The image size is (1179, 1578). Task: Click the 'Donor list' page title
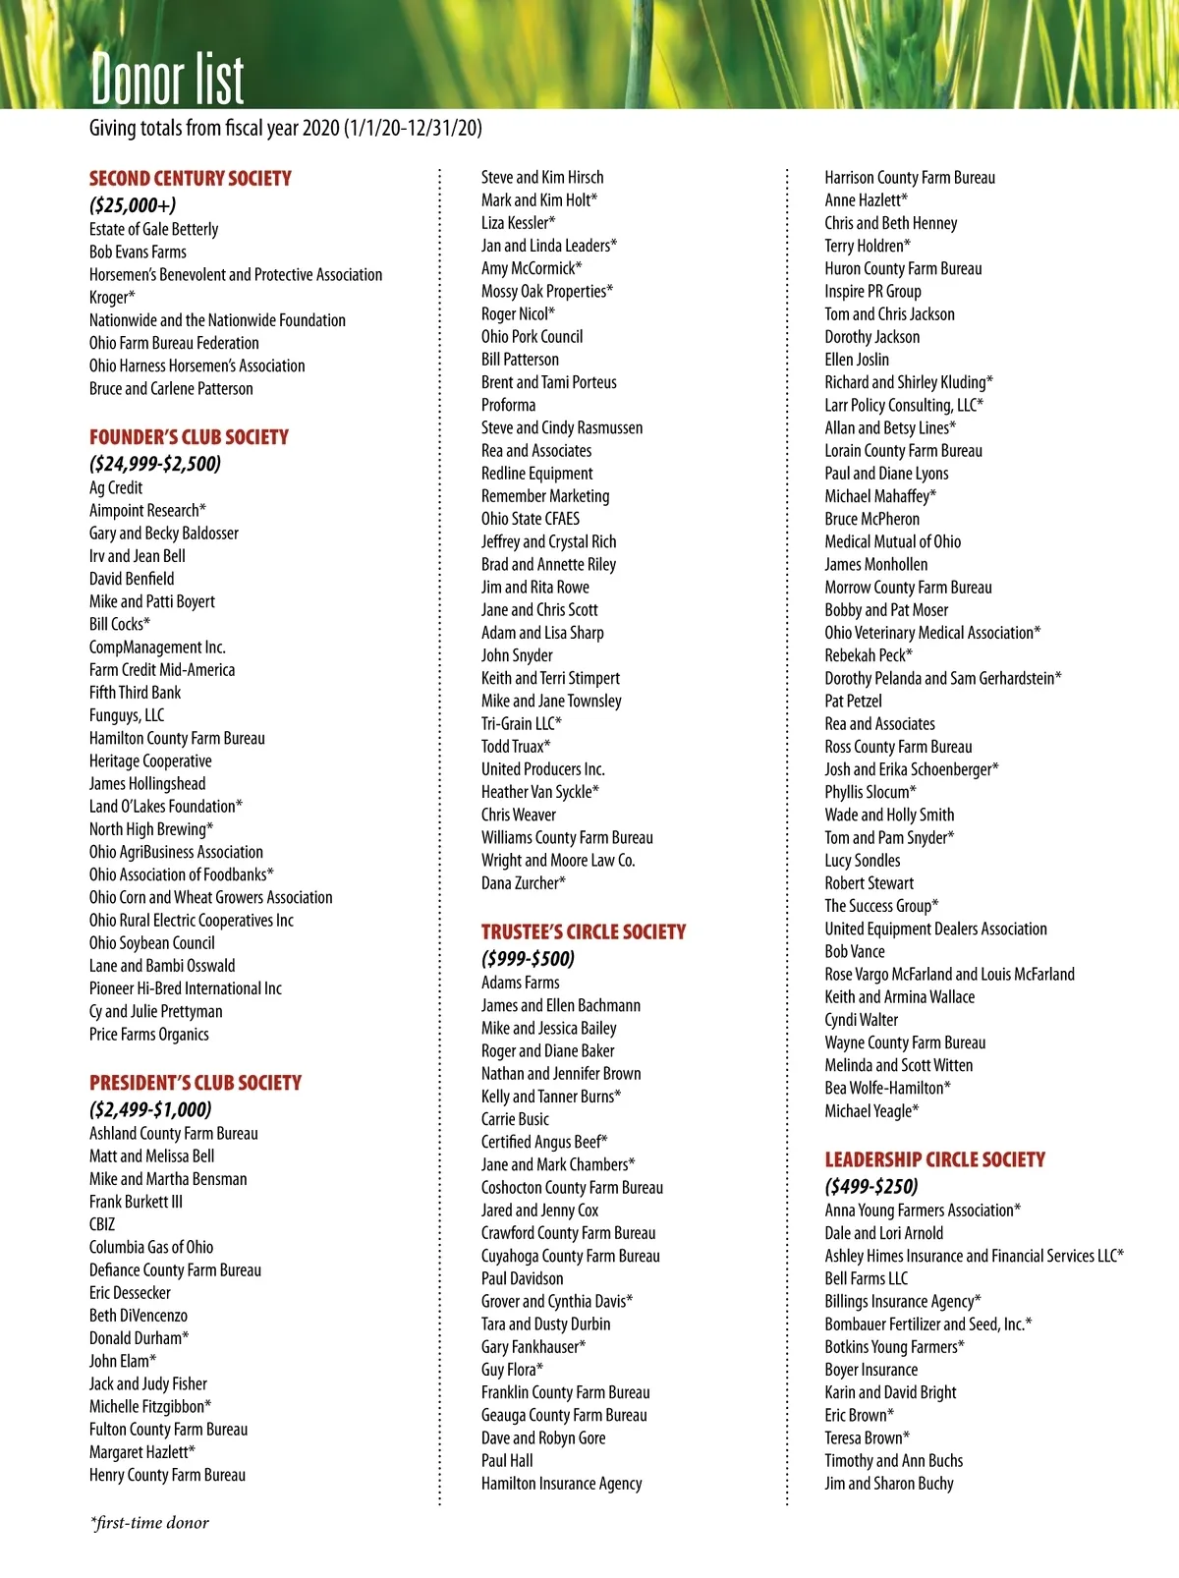[167, 78]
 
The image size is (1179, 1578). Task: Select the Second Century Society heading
[191, 178]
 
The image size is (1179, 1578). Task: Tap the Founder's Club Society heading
[189, 437]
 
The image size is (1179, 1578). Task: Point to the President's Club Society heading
[196, 1083]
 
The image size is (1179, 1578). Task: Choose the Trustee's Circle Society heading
[584, 931]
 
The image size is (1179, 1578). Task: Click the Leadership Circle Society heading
[934, 1159]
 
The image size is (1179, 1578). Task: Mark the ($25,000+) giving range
[133, 205]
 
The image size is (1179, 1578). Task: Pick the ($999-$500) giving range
[528, 958]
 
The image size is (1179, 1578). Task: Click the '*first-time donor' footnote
[149, 1523]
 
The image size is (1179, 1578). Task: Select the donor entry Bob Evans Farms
[138, 252]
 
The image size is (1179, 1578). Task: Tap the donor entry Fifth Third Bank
[135, 693]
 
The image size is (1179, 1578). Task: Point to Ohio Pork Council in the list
[532, 336]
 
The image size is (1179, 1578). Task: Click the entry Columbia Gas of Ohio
[151, 1247]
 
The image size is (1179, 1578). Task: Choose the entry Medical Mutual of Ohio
[892, 541]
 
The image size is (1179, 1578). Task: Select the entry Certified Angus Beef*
[544, 1142]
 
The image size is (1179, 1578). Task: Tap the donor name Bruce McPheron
[871, 519]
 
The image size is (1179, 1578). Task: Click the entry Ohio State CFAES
[531, 519]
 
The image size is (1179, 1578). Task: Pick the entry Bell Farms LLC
[866, 1278]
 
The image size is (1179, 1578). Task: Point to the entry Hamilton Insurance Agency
[561, 1484]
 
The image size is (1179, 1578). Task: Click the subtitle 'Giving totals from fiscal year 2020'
[285, 128]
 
